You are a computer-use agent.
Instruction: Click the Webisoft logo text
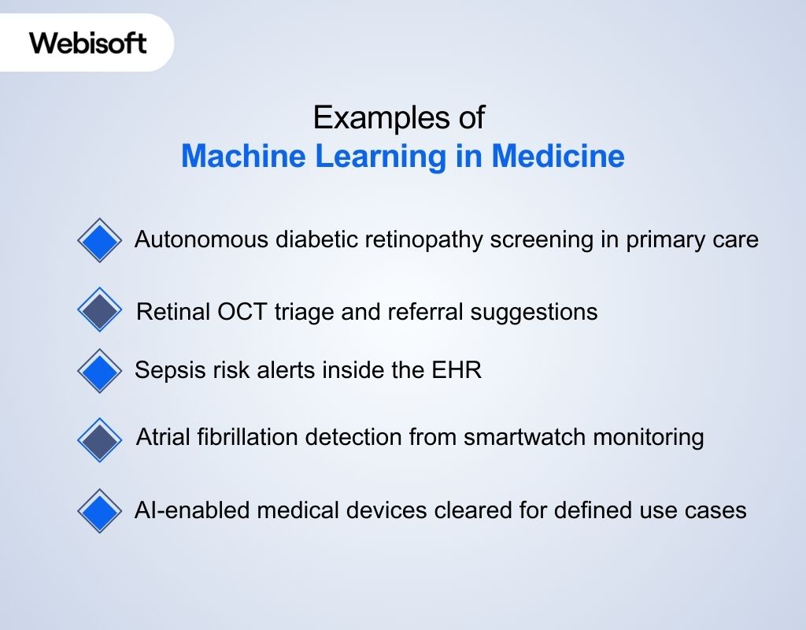[x=88, y=43]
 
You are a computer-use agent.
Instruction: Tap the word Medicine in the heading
[x=558, y=156]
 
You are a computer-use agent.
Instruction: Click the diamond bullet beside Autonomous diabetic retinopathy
[x=100, y=239]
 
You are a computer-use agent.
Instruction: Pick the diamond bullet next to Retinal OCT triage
[x=100, y=309]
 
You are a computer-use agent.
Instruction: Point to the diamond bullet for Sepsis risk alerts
[x=100, y=370]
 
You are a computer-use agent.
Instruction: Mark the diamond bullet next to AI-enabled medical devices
[x=100, y=510]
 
